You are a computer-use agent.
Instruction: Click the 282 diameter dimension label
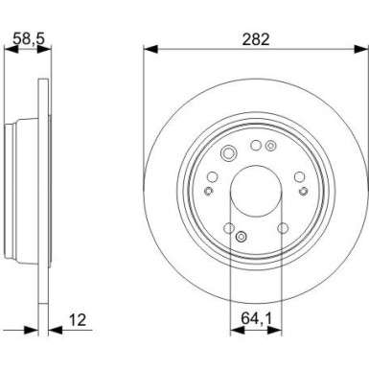coord(256,39)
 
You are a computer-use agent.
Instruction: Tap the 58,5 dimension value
coord(28,38)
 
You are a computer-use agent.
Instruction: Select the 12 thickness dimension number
coord(78,320)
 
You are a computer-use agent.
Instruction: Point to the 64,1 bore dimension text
coord(256,318)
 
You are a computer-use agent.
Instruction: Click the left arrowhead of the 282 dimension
coord(150,50)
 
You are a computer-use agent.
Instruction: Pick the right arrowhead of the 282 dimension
coord(361,50)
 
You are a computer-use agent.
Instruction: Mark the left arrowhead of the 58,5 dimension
coord(11,49)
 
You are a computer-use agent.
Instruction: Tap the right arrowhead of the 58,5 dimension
coord(44,49)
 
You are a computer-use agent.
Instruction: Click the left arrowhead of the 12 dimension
coord(31,330)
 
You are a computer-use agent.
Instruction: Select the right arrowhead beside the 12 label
coord(56,330)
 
